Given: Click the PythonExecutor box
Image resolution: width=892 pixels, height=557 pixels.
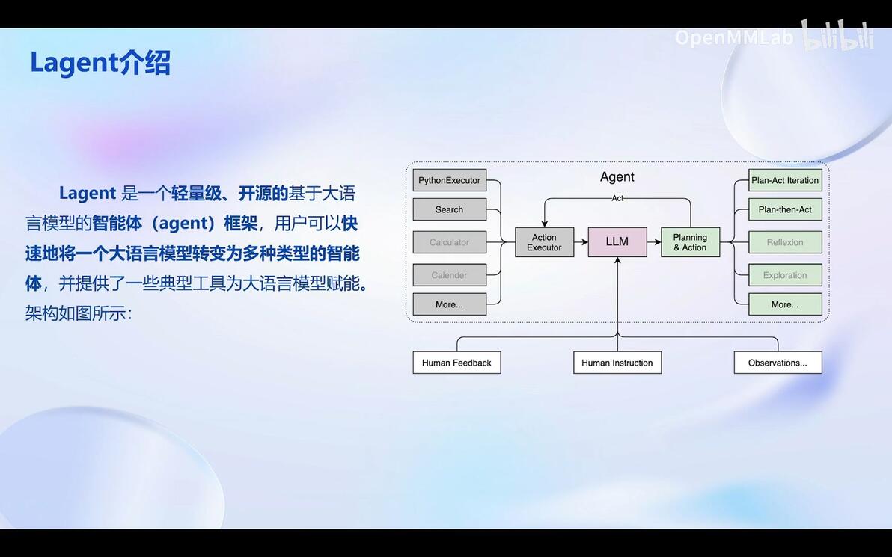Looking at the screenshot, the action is click(450, 180).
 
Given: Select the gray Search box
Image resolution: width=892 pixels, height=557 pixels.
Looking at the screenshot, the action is click(450, 209).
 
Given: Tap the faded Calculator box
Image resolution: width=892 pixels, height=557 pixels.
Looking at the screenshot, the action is click(450, 242).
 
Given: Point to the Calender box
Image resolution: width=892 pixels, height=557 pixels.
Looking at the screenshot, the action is click(450, 275).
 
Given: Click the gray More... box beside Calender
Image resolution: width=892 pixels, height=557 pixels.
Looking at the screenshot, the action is click(450, 304).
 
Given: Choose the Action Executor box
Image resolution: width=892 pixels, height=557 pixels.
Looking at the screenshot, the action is click(545, 242).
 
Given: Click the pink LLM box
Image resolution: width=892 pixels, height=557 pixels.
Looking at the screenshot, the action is click(617, 242).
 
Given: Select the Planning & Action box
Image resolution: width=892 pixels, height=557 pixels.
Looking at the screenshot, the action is click(690, 242).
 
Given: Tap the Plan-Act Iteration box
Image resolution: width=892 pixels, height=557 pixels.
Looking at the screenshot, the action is click(785, 180).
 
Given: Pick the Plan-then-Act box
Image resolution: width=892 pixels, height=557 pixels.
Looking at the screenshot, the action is click(785, 209).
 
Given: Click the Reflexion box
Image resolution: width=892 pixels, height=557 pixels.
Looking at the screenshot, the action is click(785, 242).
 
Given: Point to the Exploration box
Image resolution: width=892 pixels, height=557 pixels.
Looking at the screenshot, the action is click(785, 275).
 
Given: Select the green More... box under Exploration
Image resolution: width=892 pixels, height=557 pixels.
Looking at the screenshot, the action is click(785, 304).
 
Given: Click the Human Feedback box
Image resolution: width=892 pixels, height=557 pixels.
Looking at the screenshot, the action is click(456, 363).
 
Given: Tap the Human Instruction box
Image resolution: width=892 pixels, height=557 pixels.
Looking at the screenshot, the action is click(617, 363).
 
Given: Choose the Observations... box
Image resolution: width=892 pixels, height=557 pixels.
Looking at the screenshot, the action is click(778, 363).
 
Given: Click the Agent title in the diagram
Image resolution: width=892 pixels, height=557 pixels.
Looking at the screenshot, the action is click(617, 177).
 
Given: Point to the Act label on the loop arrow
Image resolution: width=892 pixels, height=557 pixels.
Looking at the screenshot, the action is click(617, 198).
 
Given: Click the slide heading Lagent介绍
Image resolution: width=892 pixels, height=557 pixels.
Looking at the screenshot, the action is click(100, 63).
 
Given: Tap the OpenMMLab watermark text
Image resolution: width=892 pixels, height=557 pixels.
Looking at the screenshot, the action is click(734, 38).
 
